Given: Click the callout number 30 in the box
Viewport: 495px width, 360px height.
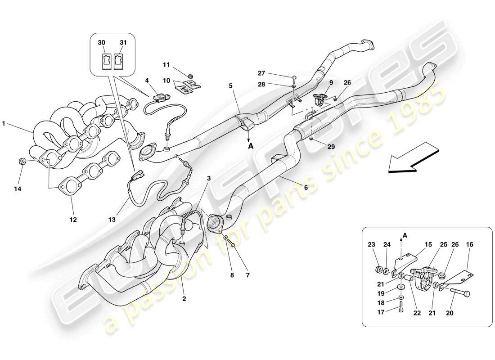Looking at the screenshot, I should tap(102, 42).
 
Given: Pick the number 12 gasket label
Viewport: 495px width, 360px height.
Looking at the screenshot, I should tap(73, 220).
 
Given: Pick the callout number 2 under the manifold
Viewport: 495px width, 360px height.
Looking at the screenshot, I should tap(183, 298).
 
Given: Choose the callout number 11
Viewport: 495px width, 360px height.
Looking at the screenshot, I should tap(166, 65).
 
